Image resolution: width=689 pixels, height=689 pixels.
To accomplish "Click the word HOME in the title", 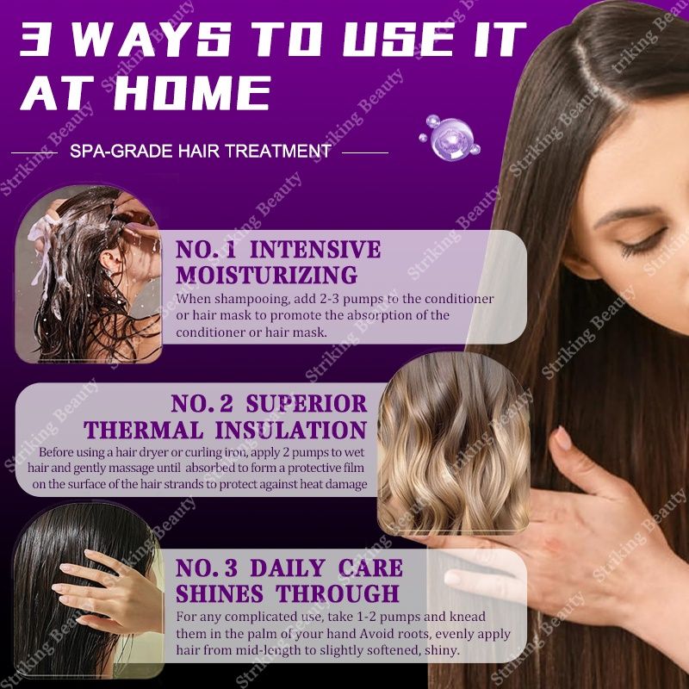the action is click(x=191, y=93).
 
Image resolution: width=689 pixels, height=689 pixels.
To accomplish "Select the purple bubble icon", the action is click(x=450, y=138).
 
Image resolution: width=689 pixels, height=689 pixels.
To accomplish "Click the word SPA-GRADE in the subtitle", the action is click(x=121, y=152).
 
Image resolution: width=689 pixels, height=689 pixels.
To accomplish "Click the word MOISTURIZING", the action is click(x=267, y=275).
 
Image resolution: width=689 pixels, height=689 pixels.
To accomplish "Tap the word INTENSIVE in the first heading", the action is click(x=315, y=250).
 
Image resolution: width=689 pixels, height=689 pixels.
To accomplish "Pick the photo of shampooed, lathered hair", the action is click(x=89, y=274).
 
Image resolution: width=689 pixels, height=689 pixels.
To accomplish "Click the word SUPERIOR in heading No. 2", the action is click(x=307, y=403).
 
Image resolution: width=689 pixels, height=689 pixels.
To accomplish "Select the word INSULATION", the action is click(x=291, y=430).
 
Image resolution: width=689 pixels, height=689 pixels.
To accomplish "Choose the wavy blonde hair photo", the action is click(x=454, y=443).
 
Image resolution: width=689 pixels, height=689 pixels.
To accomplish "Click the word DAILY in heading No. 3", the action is click(x=288, y=568).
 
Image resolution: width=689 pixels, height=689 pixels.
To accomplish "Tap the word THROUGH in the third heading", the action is click(x=338, y=593).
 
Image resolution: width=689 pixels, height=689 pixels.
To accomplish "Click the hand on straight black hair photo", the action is click(x=89, y=591).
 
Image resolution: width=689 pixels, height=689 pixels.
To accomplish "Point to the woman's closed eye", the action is click(x=642, y=243).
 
